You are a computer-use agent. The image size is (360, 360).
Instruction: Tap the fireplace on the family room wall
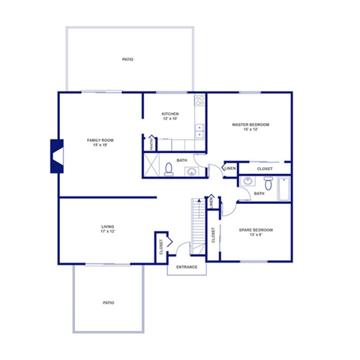pyautogui.click(x=55, y=157)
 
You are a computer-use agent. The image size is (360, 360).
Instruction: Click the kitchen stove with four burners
pyautogui.click(x=199, y=100)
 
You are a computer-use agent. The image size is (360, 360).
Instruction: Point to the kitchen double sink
pyautogui.click(x=199, y=132)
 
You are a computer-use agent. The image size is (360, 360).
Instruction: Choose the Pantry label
pyautogui.click(x=151, y=142)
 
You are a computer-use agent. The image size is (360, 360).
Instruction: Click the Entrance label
pyautogui.click(x=187, y=267)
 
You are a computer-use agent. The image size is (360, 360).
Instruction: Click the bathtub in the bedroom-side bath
pyautogui.click(x=284, y=189)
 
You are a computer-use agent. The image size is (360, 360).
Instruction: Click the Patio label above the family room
pyautogui.click(x=128, y=59)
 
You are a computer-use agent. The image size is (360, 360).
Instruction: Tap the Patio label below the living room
pyautogui.click(x=109, y=302)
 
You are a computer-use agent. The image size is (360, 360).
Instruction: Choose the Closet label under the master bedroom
pyautogui.click(x=265, y=169)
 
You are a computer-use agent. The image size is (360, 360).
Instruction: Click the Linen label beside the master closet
pyautogui.click(x=230, y=169)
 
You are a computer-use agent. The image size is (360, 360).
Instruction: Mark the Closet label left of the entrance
pyautogui.click(x=160, y=246)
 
